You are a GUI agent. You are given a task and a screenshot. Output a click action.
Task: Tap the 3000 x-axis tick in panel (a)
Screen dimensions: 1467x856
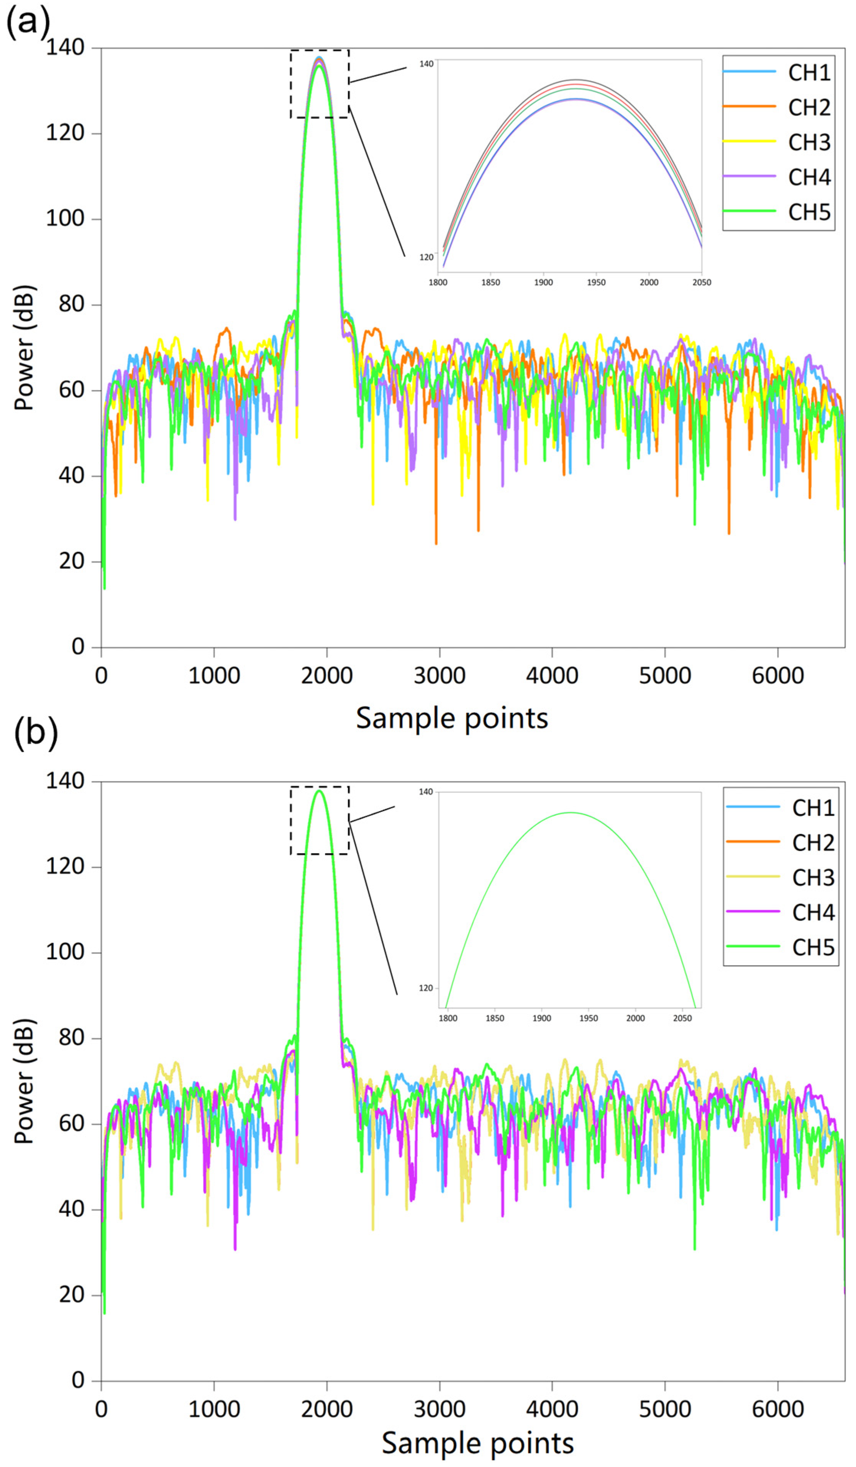pos(439,675)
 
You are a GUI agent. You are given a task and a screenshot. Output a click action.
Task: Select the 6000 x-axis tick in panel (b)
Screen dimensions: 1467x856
pos(777,1409)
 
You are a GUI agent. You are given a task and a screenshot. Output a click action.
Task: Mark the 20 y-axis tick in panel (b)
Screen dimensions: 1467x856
pos(71,1295)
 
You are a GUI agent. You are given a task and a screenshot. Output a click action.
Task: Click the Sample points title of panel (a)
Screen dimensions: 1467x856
pos(452,718)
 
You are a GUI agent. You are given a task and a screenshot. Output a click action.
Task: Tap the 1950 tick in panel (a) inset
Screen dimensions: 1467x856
pos(596,283)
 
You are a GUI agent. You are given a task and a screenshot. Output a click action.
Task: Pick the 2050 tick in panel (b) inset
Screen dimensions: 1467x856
pos(682,1018)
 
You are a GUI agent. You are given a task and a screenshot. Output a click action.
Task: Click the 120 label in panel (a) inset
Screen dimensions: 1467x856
pos(426,257)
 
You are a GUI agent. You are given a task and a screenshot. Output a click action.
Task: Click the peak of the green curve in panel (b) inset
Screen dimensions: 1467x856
pos(570,813)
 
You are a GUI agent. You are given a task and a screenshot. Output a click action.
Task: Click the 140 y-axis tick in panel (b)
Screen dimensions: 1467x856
pos(65,781)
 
